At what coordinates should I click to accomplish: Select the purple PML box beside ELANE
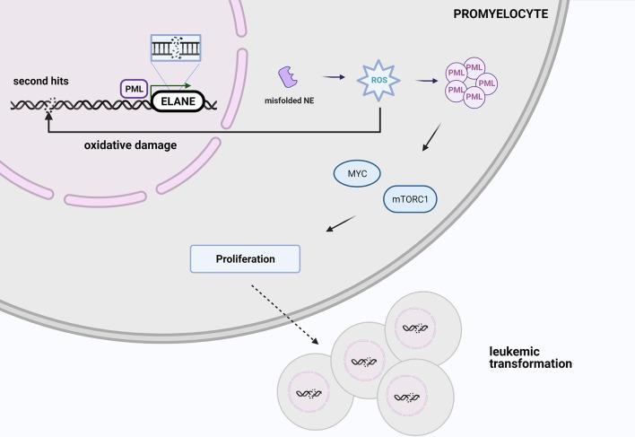[x=133, y=89]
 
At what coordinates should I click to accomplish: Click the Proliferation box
[x=245, y=259]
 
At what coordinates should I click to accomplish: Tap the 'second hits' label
[x=40, y=81]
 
